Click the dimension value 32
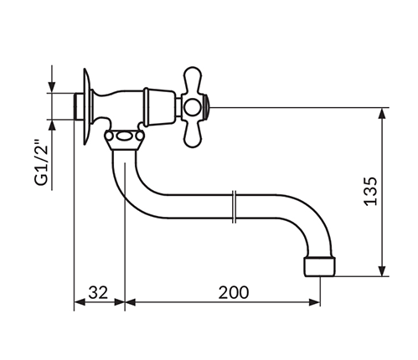98,292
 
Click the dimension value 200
233,292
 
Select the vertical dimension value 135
371,191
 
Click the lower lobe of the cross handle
193,135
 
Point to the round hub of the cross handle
192,108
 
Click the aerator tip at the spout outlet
319,267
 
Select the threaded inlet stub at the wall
78,106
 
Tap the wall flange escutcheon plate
87,107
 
